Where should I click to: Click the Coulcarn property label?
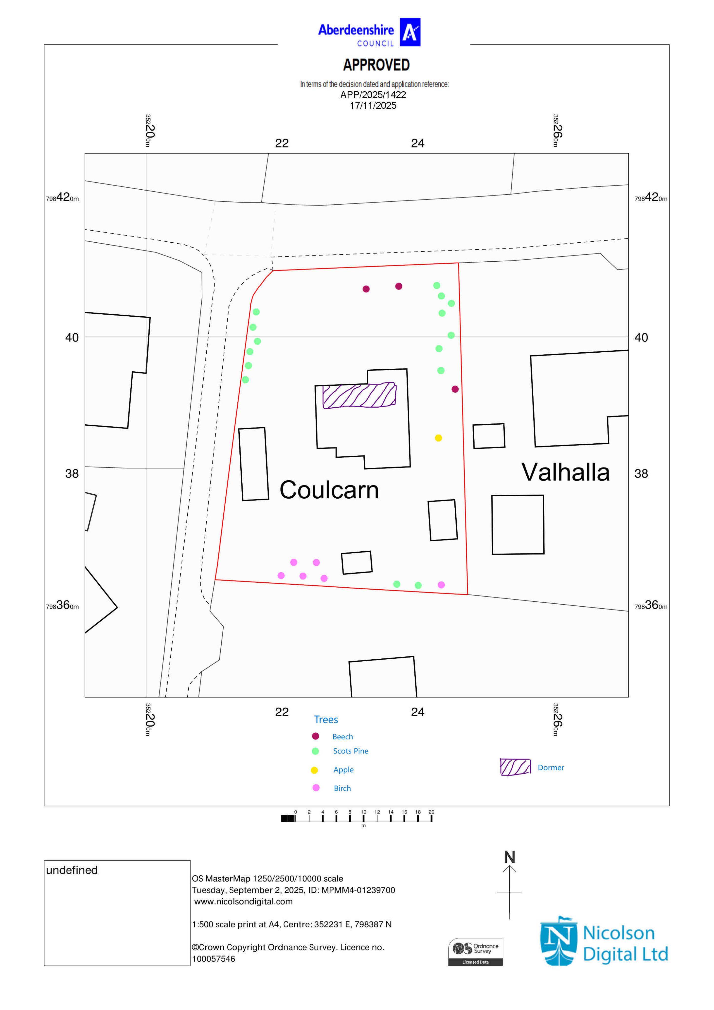coord(329,490)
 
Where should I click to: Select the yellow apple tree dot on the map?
coord(438,438)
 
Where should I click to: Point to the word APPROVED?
coord(376,65)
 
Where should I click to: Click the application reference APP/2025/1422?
coord(373,95)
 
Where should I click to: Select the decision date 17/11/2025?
coord(373,106)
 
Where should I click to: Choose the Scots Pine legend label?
coord(351,751)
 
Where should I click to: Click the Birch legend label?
coord(342,788)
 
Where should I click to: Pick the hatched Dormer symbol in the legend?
coord(515,767)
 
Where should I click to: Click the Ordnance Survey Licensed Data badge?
coord(476,952)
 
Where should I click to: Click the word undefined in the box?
coord(72,870)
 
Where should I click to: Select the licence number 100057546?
coord(213,959)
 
